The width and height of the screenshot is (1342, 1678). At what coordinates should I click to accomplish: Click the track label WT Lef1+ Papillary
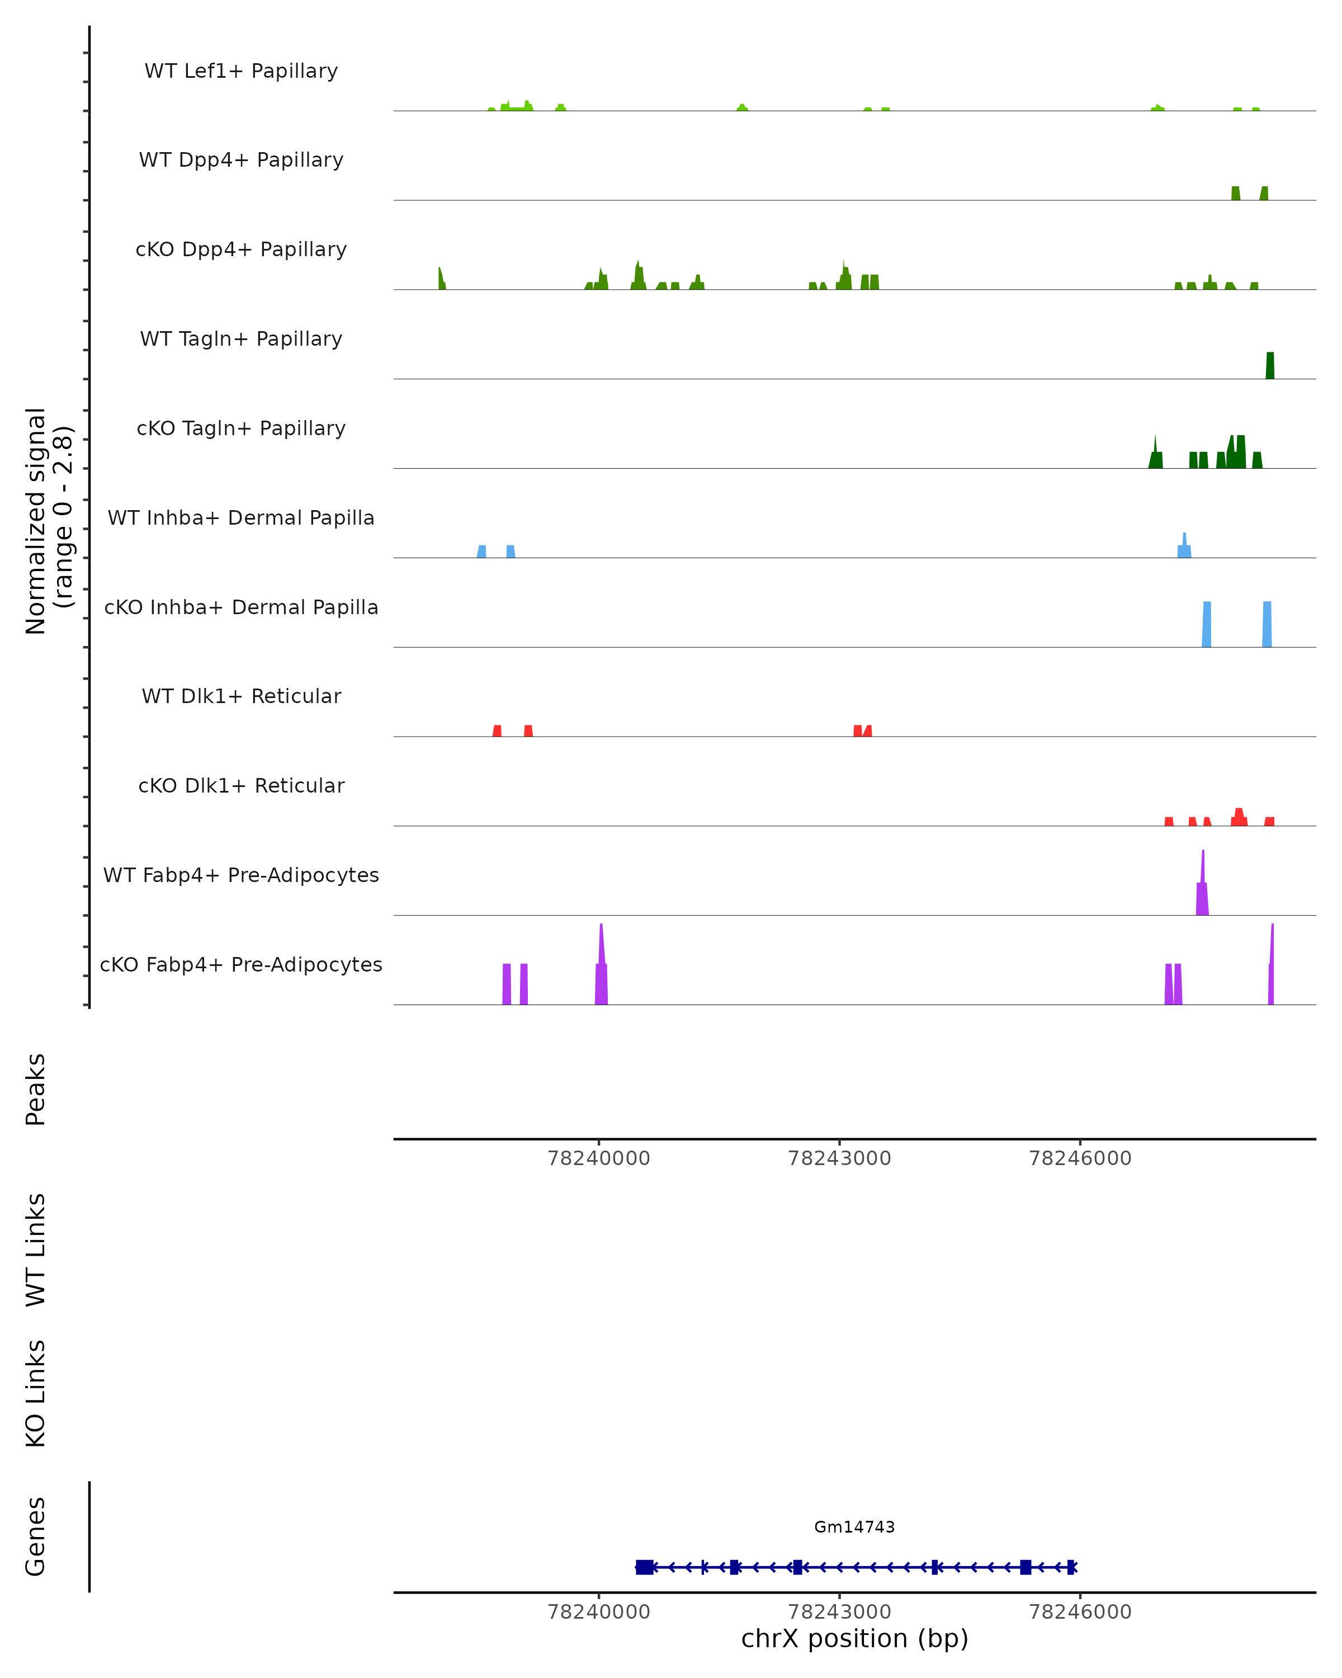241,71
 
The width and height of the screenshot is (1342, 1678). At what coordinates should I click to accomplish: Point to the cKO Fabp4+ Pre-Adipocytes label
241,964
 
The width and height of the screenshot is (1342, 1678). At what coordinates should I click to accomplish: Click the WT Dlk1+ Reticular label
241,696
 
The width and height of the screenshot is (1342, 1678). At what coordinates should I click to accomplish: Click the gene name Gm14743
854,1527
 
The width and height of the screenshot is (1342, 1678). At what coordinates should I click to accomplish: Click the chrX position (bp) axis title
854,1638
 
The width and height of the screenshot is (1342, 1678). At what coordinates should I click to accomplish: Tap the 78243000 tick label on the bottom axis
839,1612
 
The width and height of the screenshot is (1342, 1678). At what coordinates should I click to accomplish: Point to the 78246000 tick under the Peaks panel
1080,1158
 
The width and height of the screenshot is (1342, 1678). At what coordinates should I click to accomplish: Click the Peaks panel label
36,1089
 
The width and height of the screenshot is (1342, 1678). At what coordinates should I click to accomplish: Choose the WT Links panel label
36,1249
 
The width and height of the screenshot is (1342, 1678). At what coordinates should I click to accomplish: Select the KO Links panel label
36,1393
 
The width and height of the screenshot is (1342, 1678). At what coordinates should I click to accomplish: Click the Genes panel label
36,1536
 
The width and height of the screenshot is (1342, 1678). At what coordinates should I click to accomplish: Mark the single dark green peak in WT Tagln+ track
1270,366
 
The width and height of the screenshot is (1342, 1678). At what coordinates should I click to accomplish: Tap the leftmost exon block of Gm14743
644,1567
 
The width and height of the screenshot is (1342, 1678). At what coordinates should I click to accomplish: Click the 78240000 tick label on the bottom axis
599,1612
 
